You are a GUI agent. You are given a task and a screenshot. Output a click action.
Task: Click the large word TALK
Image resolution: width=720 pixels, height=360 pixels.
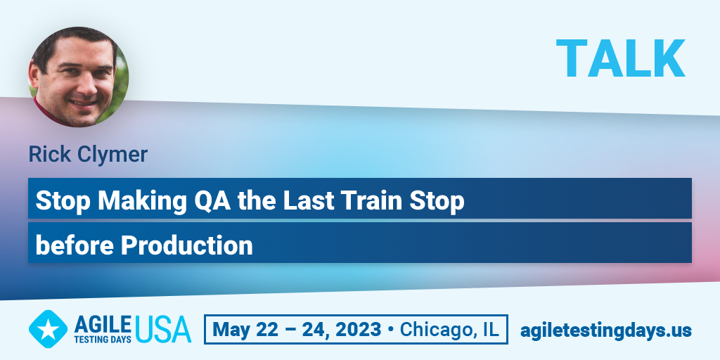[x=620, y=58]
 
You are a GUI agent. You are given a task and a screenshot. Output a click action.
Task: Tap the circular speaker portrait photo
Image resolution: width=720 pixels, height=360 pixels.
[x=79, y=77]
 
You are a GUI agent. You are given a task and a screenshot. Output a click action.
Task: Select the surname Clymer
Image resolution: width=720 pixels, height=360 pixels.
[x=112, y=155]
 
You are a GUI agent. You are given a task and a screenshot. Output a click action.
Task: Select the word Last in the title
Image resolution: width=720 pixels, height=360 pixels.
[x=308, y=200]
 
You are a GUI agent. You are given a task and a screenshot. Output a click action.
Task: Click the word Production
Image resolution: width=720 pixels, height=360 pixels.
[x=187, y=245]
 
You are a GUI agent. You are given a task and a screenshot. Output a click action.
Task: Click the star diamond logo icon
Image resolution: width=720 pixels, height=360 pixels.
[x=48, y=329]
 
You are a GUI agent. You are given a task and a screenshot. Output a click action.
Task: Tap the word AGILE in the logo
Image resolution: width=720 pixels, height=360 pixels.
[x=103, y=325]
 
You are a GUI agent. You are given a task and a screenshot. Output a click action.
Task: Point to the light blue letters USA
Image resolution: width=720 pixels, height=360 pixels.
[x=163, y=329]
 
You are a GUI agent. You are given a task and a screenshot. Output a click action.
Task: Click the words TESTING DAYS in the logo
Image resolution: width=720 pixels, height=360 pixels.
[x=103, y=340]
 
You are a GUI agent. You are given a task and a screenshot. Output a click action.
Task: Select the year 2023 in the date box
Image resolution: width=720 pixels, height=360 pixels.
[x=357, y=329]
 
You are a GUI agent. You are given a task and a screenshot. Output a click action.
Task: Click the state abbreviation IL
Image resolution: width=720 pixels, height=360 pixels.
[x=489, y=329]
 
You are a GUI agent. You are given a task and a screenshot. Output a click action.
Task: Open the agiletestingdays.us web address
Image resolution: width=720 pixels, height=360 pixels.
[x=605, y=330]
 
